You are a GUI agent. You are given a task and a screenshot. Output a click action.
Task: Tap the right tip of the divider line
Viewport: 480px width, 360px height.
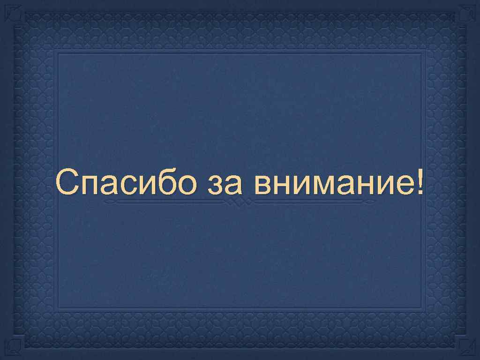tap(375, 202)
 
